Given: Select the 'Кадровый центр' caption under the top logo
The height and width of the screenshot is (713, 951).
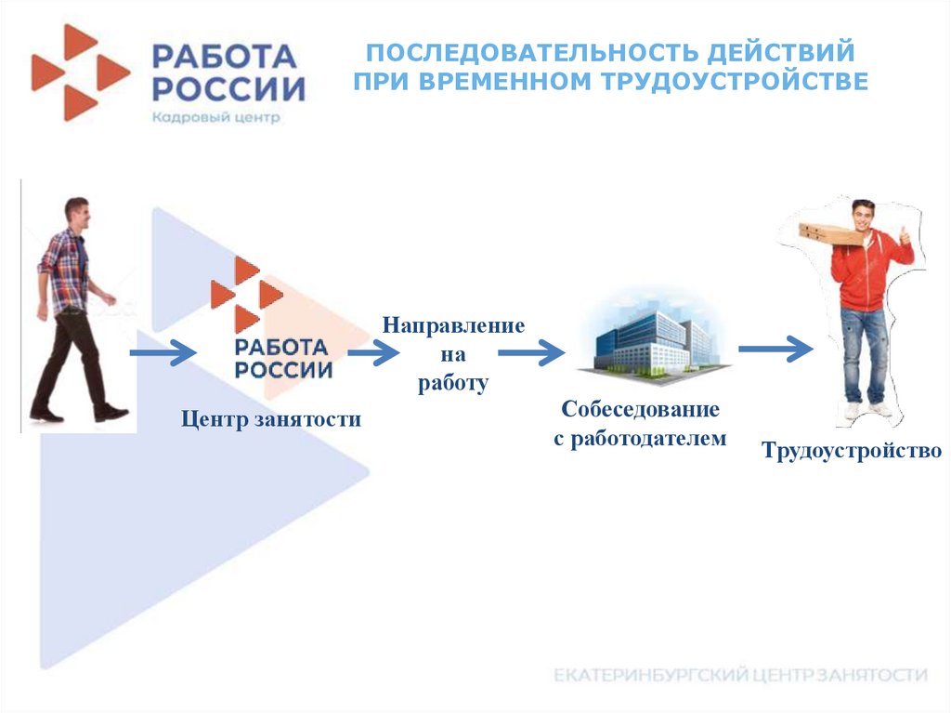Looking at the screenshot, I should click(x=216, y=117).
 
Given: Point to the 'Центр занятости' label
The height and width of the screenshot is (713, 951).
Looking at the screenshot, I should click(x=270, y=420).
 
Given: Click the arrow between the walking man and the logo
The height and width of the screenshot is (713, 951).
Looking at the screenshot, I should click(x=163, y=353).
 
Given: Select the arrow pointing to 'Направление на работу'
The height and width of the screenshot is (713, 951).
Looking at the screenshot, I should click(x=373, y=353).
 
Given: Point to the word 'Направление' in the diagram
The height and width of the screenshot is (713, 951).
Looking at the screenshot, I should click(x=452, y=326).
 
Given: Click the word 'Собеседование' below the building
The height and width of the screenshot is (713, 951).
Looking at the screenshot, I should click(x=640, y=409).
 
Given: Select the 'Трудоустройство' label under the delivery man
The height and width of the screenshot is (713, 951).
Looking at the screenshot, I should click(x=852, y=452).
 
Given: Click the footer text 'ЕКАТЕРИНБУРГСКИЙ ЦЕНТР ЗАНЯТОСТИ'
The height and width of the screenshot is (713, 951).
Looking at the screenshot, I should click(x=740, y=675).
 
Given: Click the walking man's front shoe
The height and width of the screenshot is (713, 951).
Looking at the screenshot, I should click(x=111, y=413).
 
